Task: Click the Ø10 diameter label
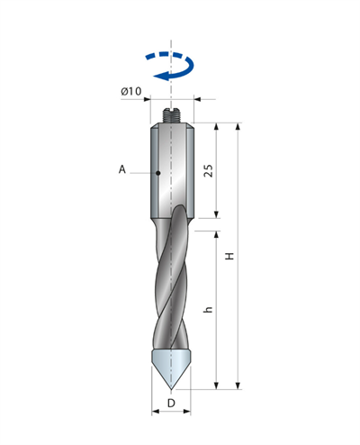tap(131, 91)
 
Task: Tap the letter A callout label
tap(122, 169)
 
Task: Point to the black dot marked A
tap(158, 173)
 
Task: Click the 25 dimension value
tap(208, 170)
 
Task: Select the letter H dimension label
tap(229, 256)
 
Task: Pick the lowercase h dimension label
tap(208, 309)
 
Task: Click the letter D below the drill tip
tap(171, 403)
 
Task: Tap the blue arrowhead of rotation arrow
tap(161, 76)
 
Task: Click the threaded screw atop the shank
tap(171, 115)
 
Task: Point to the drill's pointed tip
tap(171, 389)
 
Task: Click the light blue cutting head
tap(171, 368)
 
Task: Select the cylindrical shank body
tap(172, 170)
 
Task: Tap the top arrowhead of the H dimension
tap(238, 126)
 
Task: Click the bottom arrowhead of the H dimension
tap(238, 386)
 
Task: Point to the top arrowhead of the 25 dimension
tap(216, 126)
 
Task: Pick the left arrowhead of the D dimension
tap(156, 412)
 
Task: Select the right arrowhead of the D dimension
tap(187, 412)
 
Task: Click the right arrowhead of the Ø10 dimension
tap(197, 99)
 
